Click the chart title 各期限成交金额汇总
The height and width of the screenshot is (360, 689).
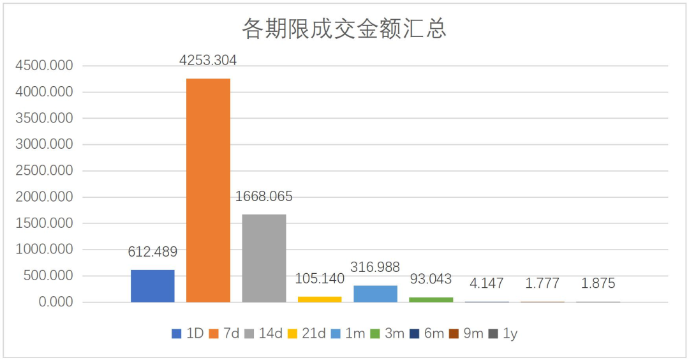pos(344,29)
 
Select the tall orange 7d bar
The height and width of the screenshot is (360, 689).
pos(208,190)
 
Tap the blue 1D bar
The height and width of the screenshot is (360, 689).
pos(152,286)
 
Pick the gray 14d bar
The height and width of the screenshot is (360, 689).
pos(264,258)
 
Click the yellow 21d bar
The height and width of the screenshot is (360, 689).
pos(320,299)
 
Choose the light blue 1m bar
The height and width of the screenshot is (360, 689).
pos(375,294)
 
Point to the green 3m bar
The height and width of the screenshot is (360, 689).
pos(431,300)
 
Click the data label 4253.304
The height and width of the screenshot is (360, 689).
pos(208,60)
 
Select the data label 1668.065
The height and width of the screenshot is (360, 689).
pos(263,197)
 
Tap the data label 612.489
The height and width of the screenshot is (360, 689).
pos(152,252)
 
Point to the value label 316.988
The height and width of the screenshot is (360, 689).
pos(375,267)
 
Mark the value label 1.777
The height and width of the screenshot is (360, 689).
pos(542,283)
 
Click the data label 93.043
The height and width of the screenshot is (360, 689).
pos(431,279)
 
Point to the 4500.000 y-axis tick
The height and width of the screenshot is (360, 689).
pos(44,66)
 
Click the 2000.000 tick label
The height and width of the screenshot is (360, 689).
pos(44,197)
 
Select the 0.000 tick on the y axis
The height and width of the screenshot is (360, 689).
pos(56,302)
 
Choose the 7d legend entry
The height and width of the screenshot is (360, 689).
pos(224,334)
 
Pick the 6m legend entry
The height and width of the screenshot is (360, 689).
pos(427,334)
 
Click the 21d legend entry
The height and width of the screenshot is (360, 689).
pos(307,334)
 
